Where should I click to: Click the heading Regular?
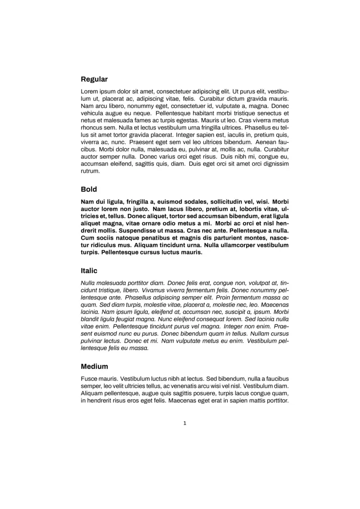pos(94,79)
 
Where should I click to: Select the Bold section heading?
pos(89,189)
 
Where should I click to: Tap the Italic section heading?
pos(89,271)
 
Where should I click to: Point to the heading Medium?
pos(94,366)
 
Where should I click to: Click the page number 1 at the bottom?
pos(184,423)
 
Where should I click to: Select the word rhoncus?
pos(92,127)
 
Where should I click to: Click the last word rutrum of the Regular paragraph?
pos(90,171)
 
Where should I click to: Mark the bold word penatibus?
pos(151,238)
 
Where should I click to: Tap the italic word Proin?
pos(224,297)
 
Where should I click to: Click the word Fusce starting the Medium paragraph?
pos(90,378)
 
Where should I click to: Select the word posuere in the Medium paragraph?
pos(205,393)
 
